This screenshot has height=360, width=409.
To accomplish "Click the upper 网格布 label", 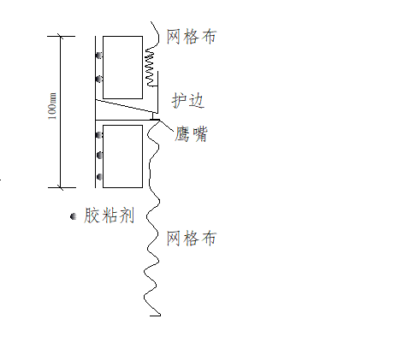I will pos(191,38).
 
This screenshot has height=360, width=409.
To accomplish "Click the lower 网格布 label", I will pos(191,239).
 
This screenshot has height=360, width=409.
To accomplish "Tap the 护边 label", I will pos(187,101).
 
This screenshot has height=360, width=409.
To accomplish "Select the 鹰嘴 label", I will pos(191,134).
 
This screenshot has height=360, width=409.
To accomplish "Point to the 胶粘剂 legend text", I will pos(110,215).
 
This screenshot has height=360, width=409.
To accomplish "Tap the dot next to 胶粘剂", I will pos(74,217).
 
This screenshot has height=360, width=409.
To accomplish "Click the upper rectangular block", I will pos(122,68).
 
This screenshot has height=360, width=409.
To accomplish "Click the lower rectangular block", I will pos(122,156).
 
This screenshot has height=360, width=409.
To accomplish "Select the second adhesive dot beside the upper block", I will pos(99,79).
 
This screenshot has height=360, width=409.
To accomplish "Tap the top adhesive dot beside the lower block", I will pos(99,135).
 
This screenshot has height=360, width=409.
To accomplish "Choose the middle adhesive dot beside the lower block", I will pos(99,155).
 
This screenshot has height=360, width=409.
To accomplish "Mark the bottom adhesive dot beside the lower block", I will pos(99,177).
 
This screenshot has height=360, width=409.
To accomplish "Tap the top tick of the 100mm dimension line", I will pos(61,36).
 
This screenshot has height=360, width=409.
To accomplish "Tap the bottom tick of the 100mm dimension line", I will pos(61,186).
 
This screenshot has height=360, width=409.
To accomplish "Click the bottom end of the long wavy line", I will pos(155,315).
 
